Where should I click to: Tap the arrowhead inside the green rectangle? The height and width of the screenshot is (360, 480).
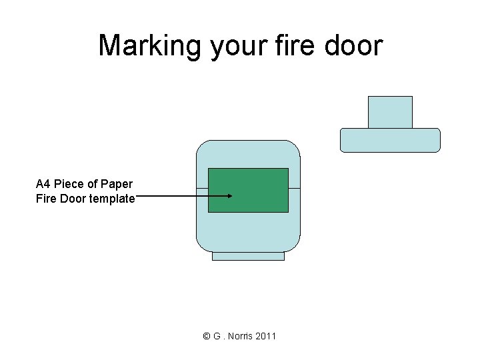[x=229, y=196]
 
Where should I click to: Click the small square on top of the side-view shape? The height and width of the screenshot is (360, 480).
[x=390, y=112]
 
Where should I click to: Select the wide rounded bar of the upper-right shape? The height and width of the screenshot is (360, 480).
[x=390, y=140]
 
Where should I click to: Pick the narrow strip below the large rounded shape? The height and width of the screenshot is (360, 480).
[x=248, y=256]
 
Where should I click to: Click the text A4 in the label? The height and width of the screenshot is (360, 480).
[x=43, y=184]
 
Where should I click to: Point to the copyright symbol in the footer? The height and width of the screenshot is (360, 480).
[x=207, y=336]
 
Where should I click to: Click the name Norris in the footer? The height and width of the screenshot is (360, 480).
[x=239, y=336]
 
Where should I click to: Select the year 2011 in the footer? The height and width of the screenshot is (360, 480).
[x=265, y=336]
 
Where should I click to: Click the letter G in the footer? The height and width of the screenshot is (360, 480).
[x=217, y=336]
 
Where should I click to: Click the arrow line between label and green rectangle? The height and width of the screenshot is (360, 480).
[x=173, y=196]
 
